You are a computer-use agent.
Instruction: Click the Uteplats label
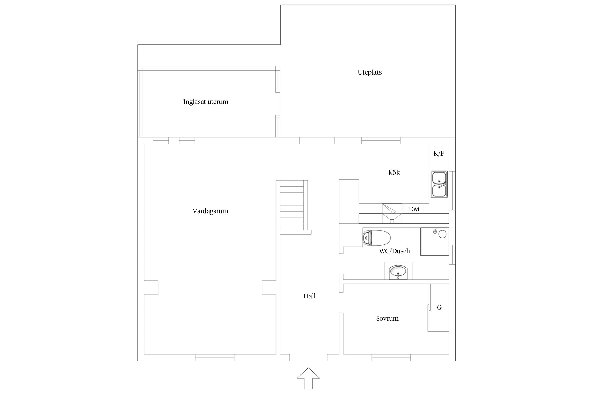pos(369,72)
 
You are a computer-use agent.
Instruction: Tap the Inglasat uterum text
pos(206,102)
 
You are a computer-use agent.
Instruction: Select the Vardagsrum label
pos(210,211)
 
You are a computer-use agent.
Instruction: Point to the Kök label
pos(394,172)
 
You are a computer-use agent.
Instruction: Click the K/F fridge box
pos(439,154)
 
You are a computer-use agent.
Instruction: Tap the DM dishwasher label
pos(414,209)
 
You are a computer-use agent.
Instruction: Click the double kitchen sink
pos(439,184)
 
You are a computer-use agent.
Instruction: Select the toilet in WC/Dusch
pos(377,238)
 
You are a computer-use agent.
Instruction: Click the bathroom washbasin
pos(398,272)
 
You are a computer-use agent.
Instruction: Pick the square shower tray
pos(435,241)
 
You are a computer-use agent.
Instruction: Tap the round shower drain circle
pos(443,234)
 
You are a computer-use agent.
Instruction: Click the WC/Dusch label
pos(394,251)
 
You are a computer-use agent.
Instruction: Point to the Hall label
pos(309,296)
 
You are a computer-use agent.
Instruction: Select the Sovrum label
pos(387,319)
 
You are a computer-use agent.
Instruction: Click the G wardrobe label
pos(439,307)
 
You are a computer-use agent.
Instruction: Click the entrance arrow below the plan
pos(308,378)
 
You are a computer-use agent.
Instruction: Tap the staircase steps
pos(292,205)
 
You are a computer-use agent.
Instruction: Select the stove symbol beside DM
pos(392,213)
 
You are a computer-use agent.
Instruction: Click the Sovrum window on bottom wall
pos(391,358)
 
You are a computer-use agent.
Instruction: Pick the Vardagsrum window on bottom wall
pos(215,358)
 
